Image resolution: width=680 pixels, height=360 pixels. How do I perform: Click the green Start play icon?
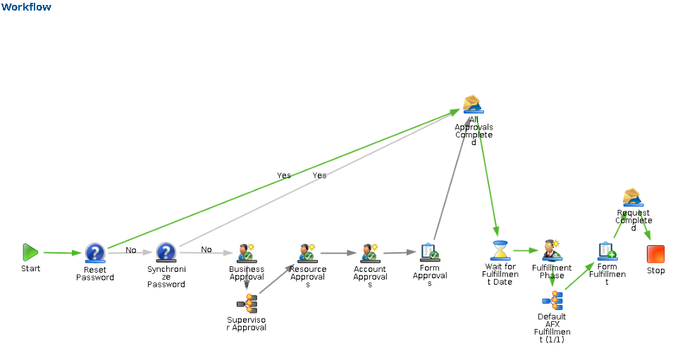[x=30, y=252]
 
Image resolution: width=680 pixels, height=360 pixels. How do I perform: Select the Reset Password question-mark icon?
[x=95, y=253]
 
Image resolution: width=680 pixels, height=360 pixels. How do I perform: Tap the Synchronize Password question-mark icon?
[x=166, y=253]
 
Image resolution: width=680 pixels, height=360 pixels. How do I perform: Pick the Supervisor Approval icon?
[x=247, y=304]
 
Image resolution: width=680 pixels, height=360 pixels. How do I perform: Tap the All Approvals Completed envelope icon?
[x=473, y=105]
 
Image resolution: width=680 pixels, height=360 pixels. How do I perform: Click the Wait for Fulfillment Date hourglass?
[x=500, y=251]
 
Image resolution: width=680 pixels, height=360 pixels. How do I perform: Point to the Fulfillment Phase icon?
[x=552, y=251]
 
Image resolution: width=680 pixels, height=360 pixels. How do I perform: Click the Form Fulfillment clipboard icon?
[x=607, y=251]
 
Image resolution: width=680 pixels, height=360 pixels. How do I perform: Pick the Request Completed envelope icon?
[x=632, y=198]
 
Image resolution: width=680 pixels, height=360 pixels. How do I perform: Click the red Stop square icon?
[x=655, y=254]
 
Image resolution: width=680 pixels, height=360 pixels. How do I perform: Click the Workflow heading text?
[x=26, y=7]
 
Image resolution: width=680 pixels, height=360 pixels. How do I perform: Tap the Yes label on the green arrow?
[x=284, y=175]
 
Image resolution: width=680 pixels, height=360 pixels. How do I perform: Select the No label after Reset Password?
[x=131, y=249]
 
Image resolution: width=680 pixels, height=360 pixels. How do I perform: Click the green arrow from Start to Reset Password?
[x=62, y=252]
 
